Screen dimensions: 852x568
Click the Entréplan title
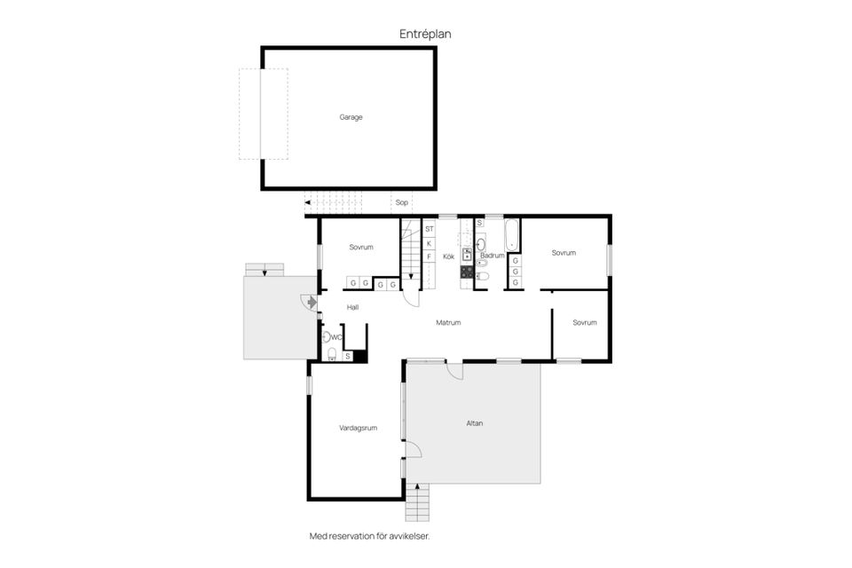(425, 34)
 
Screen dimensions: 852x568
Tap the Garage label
(351, 117)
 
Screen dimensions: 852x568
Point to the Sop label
(401, 202)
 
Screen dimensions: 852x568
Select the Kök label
(448, 256)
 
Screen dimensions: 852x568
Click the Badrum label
(493, 255)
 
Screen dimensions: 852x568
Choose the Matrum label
(448, 322)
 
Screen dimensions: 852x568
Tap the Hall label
(352, 307)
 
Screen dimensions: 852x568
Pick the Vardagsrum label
(358, 428)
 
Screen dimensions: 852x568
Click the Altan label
(474, 422)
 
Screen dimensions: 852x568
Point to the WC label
(336, 337)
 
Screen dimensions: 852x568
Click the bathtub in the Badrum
(512, 234)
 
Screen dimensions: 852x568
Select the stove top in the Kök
(467, 272)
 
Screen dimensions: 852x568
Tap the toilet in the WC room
(332, 355)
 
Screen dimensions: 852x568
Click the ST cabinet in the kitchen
(430, 229)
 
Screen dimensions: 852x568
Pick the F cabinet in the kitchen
(430, 256)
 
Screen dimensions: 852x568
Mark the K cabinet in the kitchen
(430, 243)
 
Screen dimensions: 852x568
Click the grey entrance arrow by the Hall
(312, 302)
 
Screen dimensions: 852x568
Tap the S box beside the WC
(348, 356)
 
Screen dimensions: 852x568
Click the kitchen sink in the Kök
(467, 254)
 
